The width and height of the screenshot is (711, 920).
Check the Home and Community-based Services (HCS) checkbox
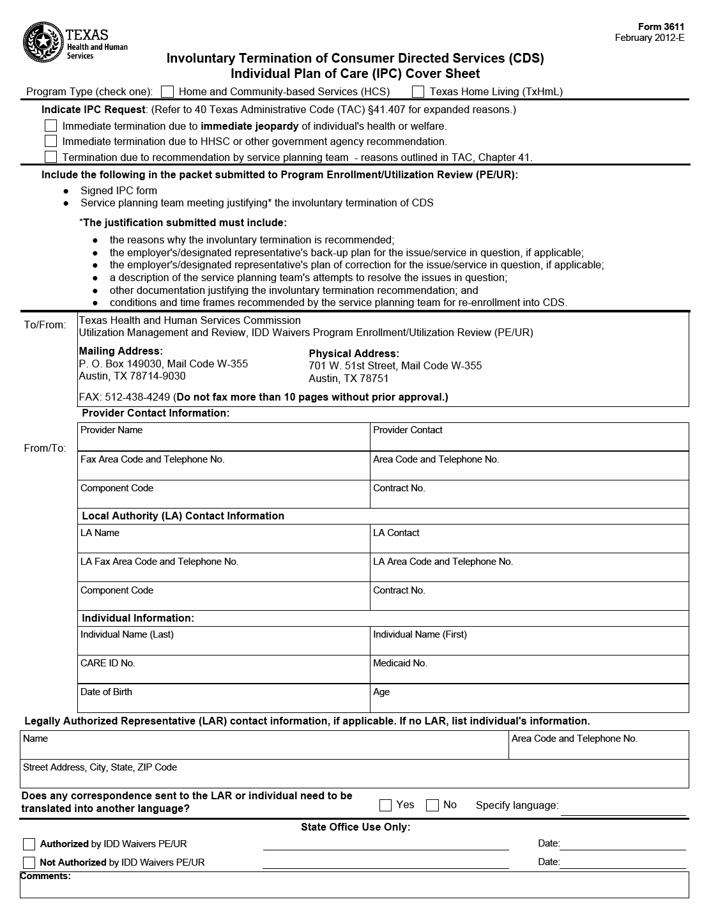167,91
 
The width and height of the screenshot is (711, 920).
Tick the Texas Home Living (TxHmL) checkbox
418,91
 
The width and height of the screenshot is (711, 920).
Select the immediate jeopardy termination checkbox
51,126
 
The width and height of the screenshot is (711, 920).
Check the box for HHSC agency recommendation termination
51,141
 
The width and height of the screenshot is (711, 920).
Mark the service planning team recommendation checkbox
51,157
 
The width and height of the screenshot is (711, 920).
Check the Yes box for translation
385,805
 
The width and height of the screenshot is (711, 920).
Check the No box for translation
432,805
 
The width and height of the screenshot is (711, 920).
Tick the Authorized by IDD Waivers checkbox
29,845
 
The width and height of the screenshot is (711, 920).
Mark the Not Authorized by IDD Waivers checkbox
29,862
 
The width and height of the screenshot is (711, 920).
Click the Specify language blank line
623,809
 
